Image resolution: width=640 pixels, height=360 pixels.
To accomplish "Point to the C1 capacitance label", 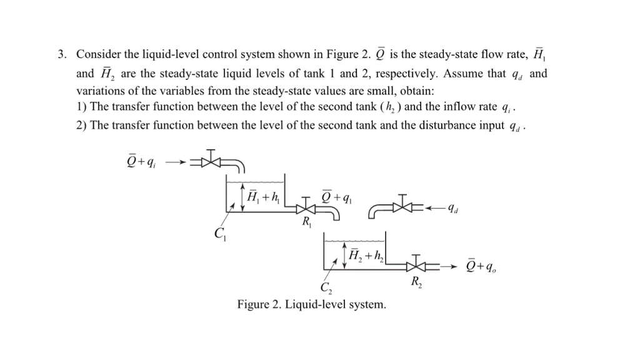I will (x=219, y=234).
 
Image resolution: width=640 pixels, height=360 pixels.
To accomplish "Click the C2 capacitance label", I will (x=326, y=288).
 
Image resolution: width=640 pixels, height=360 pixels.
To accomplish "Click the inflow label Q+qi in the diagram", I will (x=141, y=162).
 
